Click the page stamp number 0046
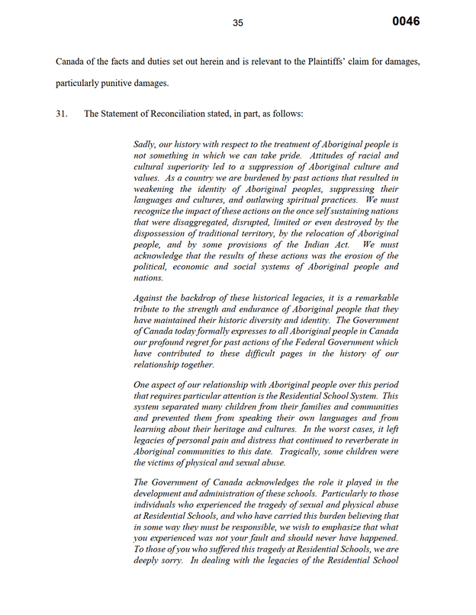click(406, 21)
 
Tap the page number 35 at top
click(238, 23)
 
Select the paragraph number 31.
click(63, 114)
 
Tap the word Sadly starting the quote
click(146, 144)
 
